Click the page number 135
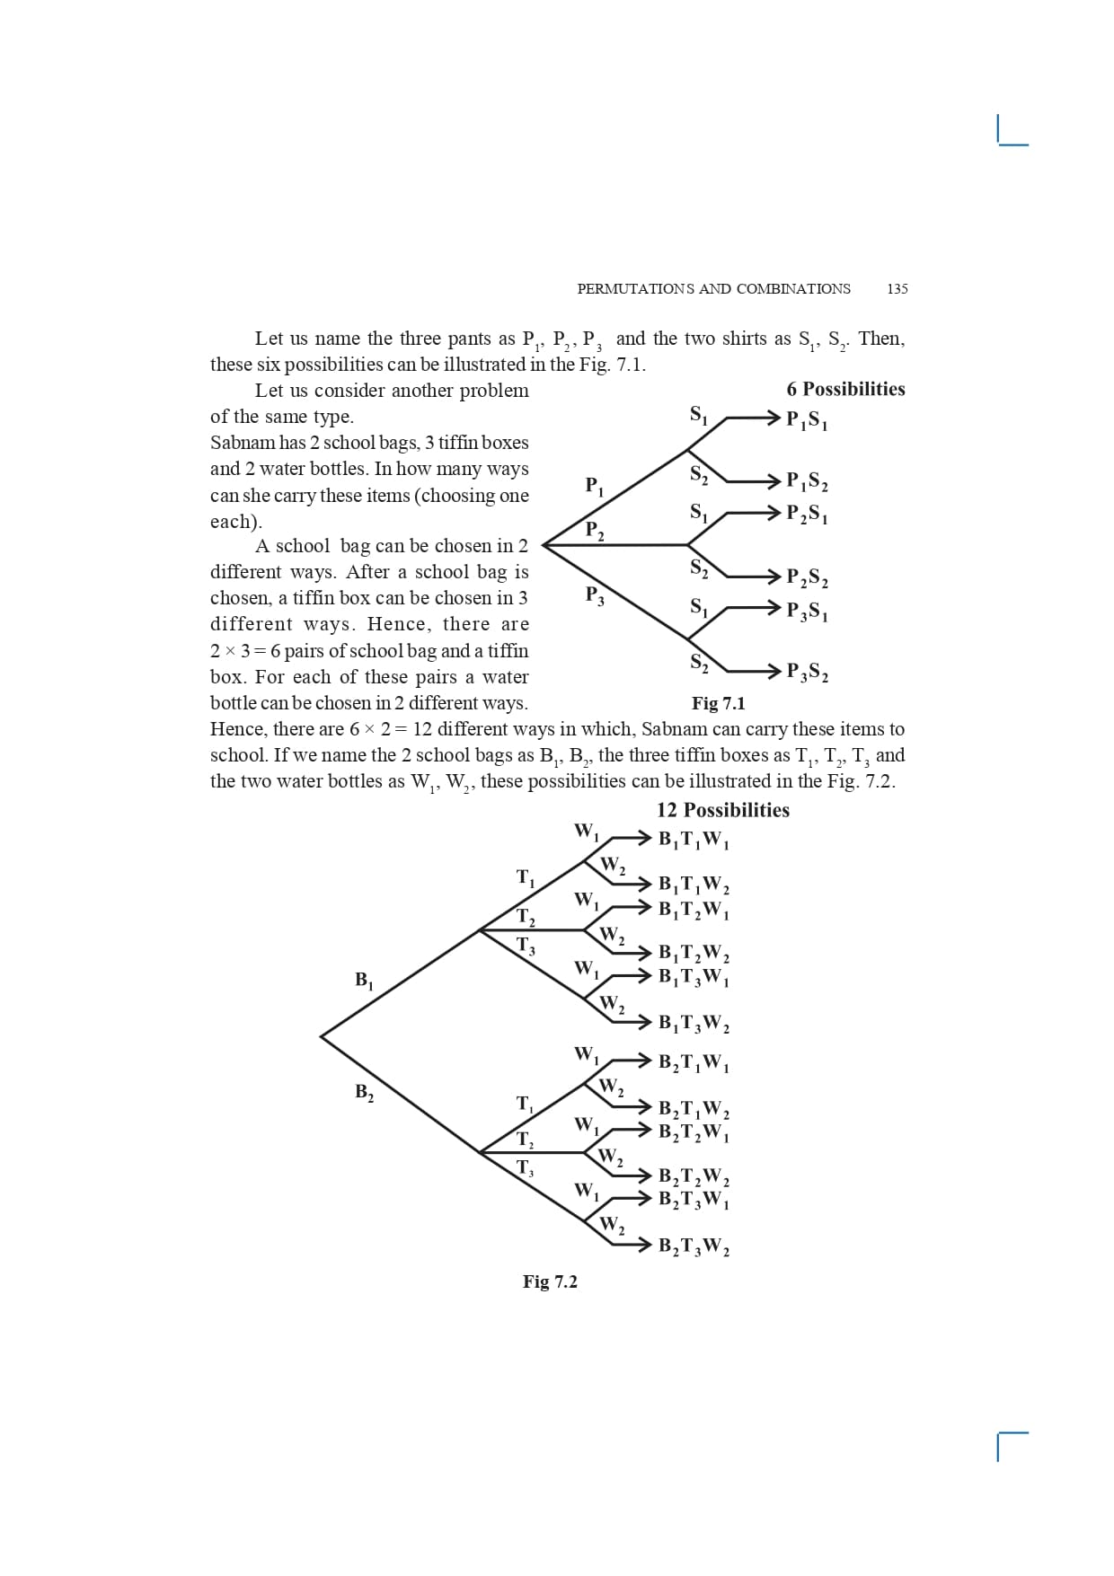click(x=897, y=288)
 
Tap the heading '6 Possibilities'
click(x=845, y=389)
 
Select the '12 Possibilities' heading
click(x=722, y=810)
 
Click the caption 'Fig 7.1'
click(x=718, y=703)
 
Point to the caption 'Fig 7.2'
click(x=550, y=1281)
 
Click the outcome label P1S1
click(x=807, y=419)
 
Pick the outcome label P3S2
click(x=807, y=672)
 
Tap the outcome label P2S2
click(x=807, y=577)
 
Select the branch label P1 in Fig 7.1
click(x=594, y=486)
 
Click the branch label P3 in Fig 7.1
click(x=594, y=594)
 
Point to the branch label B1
click(x=364, y=980)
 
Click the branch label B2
click(x=364, y=1092)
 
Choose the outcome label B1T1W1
click(x=694, y=840)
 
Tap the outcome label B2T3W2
click(x=694, y=1246)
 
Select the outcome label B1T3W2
click(x=694, y=1023)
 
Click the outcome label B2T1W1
click(x=694, y=1063)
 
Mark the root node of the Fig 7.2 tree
click(x=322, y=1036)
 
